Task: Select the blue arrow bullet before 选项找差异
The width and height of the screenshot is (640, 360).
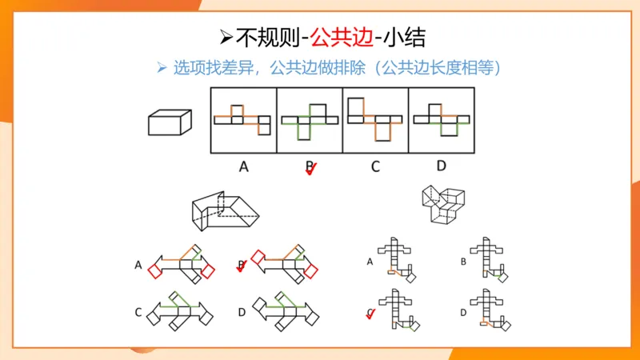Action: click(161, 68)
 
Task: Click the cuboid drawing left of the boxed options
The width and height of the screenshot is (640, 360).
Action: click(170, 122)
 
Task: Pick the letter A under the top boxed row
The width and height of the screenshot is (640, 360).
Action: click(244, 167)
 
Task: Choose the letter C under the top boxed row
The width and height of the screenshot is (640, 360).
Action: click(375, 167)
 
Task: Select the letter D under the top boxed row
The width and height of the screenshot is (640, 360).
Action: click(441, 166)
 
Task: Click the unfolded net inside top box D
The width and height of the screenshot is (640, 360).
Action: click(441, 118)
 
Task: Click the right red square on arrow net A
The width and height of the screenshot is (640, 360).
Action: click(207, 272)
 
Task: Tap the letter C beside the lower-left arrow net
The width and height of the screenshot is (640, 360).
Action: click(138, 310)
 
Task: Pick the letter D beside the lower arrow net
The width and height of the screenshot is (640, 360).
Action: click(242, 310)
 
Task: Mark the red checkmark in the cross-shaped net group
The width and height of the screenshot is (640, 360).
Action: click(371, 313)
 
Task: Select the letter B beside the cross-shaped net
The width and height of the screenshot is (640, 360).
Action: click(464, 261)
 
